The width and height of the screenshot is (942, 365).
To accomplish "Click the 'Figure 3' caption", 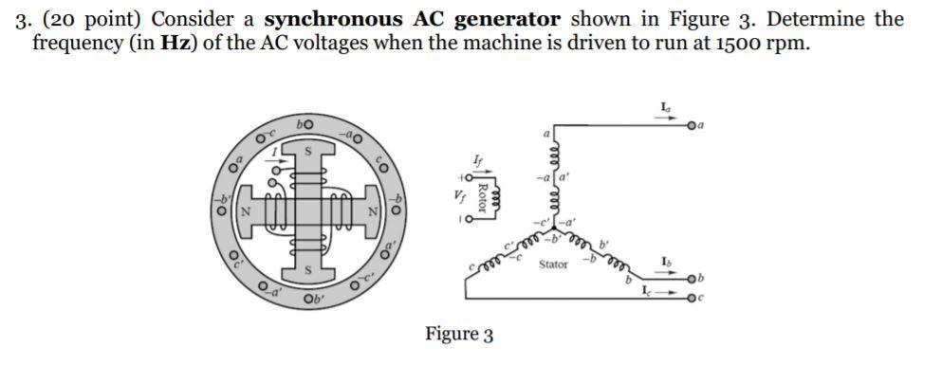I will point(459,335).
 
